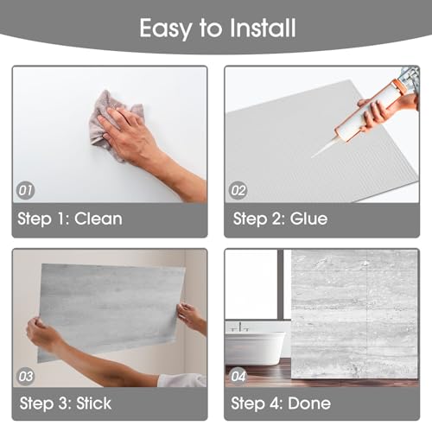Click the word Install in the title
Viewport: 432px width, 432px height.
click(263, 28)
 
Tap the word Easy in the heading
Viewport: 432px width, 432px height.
click(166, 29)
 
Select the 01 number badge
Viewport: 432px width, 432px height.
click(25, 190)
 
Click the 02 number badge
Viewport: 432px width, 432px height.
click(238, 191)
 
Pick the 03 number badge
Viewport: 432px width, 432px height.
click(25, 377)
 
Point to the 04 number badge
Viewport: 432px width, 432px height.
click(238, 377)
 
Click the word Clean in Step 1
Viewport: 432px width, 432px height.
click(98, 219)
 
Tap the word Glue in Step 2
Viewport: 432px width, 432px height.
click(308, 219)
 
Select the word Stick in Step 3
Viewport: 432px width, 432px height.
click(94, 403)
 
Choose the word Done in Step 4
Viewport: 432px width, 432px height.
click(309, 403)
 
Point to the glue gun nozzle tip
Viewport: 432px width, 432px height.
click(313, 157)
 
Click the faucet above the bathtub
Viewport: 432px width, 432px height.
click(240, 327)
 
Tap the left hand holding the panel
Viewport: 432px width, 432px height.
click(43, 334)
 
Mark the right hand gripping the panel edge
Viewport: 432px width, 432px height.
click(191, 317)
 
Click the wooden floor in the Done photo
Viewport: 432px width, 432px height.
click(259, 373)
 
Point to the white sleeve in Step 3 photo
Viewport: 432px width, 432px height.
click(182, 380)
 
